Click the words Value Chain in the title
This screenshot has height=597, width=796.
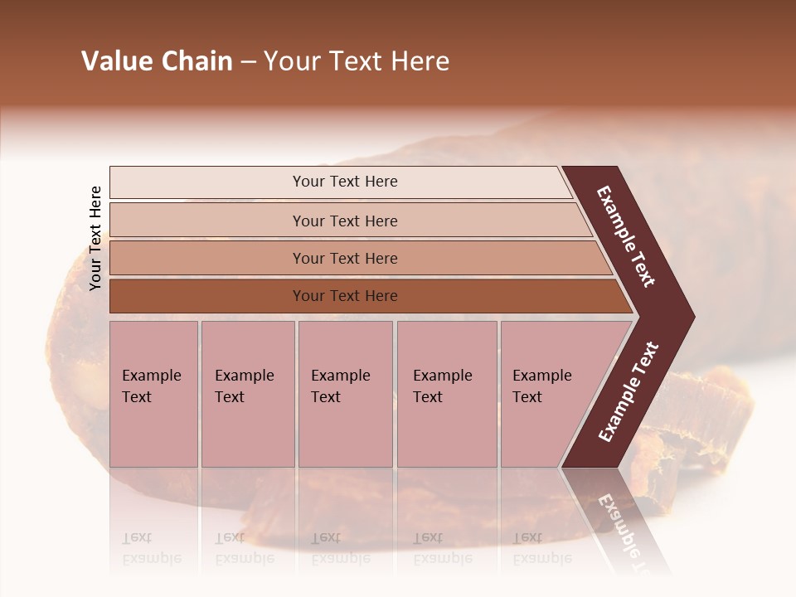(x=157, y=61)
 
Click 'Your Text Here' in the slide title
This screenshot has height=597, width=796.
(x=357, y=61)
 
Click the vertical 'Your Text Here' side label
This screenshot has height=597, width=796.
(x=95, y=238)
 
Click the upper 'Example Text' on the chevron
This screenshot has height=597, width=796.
(x=626, y=236)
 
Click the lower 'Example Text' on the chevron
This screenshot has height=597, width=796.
(x=628, y=392)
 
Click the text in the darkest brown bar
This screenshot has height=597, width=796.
(x=345, y=296)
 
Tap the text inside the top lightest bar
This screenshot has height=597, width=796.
(x=345, y=182)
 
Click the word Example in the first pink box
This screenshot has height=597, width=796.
(x=151, y=376)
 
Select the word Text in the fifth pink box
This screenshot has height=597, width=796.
(x=527, y=397)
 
